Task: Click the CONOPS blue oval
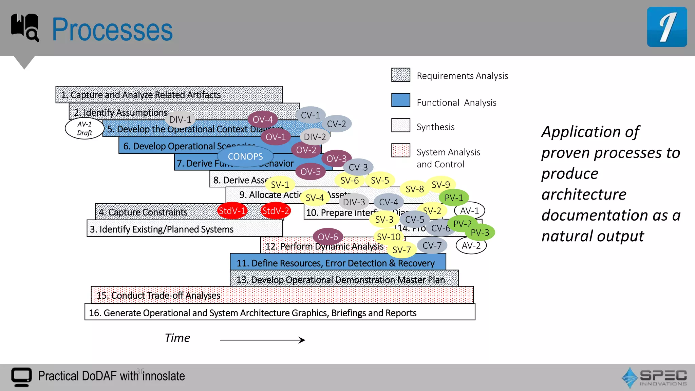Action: (245, 156)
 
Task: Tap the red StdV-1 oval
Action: (232, 211)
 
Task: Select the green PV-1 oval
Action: (454, 198)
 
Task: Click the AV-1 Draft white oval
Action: (84, 128)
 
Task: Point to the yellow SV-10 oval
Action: (389, 237)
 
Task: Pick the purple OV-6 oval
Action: (328, 237)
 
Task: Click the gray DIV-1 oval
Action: (180, 119)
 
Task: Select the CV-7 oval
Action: (432, 245)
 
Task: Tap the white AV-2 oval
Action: (471, 245)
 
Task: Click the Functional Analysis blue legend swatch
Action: (401, 100)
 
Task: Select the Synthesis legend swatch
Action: (401, 125)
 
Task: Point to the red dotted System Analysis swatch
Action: (401, 150)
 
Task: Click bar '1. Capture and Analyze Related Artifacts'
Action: (169, 95)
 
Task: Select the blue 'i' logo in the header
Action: (667, 27)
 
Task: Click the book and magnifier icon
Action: (25, 27)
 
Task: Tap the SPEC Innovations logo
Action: (654, 377)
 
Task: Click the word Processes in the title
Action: (112, 30)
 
